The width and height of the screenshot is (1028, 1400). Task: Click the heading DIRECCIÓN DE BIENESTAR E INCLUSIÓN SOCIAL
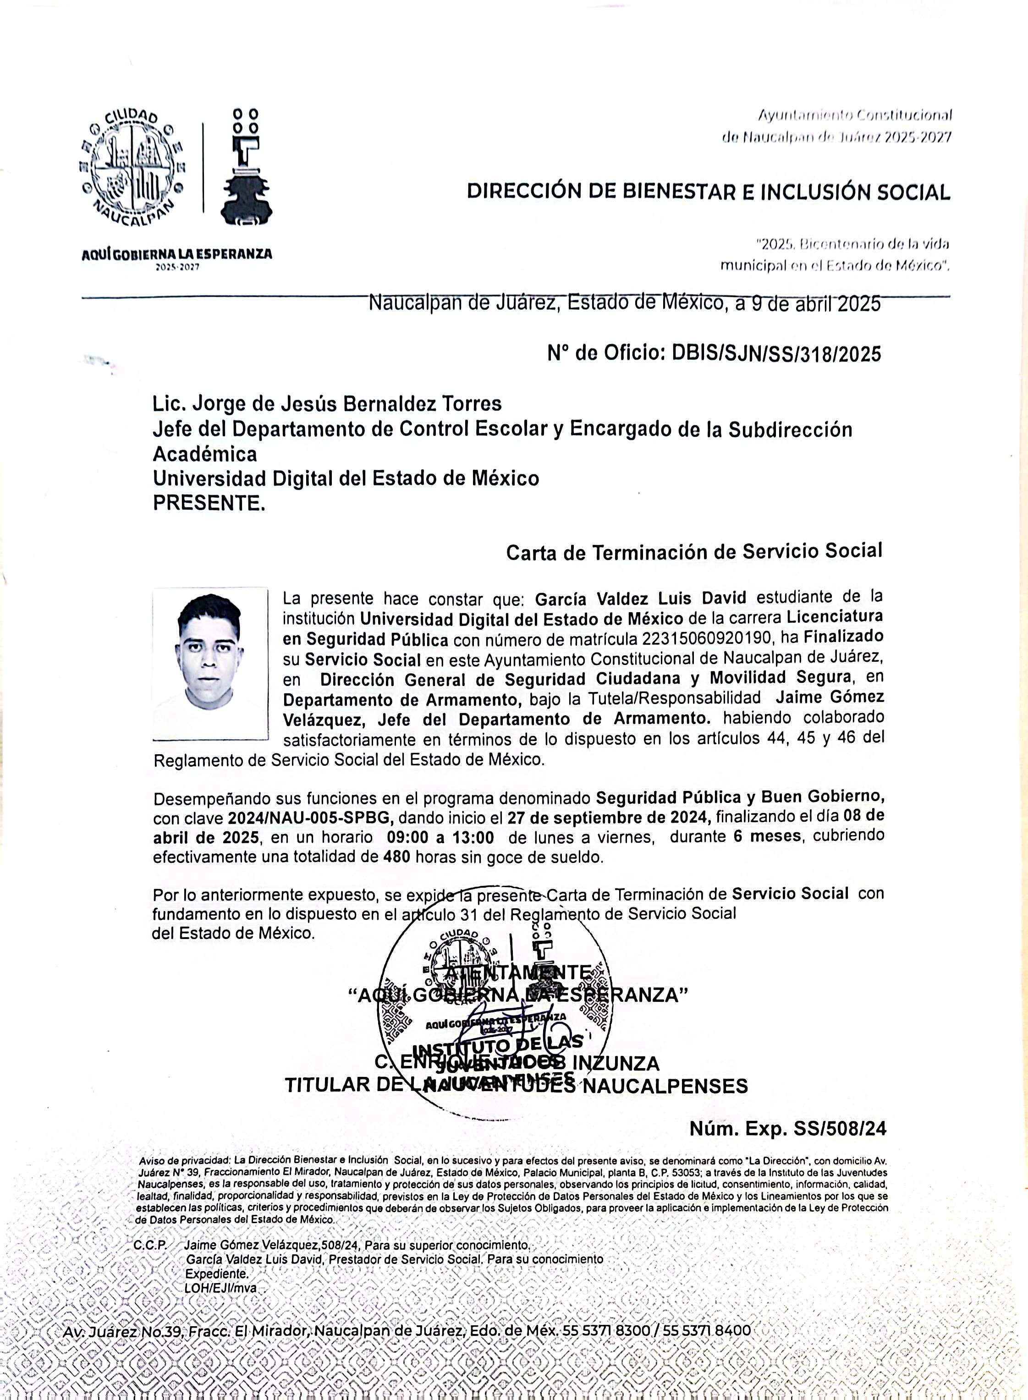coord(708,192)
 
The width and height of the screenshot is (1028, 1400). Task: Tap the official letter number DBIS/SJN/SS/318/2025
coord(776,354)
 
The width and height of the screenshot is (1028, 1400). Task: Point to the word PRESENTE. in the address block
coord(209,503)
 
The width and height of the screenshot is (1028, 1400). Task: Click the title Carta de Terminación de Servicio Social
coord(694,551)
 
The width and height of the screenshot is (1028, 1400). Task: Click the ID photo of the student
coord(210,663)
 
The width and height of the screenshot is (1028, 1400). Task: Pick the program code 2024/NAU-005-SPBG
coord(313,818)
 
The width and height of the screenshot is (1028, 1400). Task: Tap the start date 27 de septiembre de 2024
coord(607,817)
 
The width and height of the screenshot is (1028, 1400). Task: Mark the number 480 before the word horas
coord(396,857)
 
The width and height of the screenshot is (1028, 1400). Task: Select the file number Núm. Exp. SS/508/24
coord(787,1129)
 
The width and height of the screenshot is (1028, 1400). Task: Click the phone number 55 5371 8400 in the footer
coord(706,1331)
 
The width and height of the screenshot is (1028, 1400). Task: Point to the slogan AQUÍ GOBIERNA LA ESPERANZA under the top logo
coord(177,254)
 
